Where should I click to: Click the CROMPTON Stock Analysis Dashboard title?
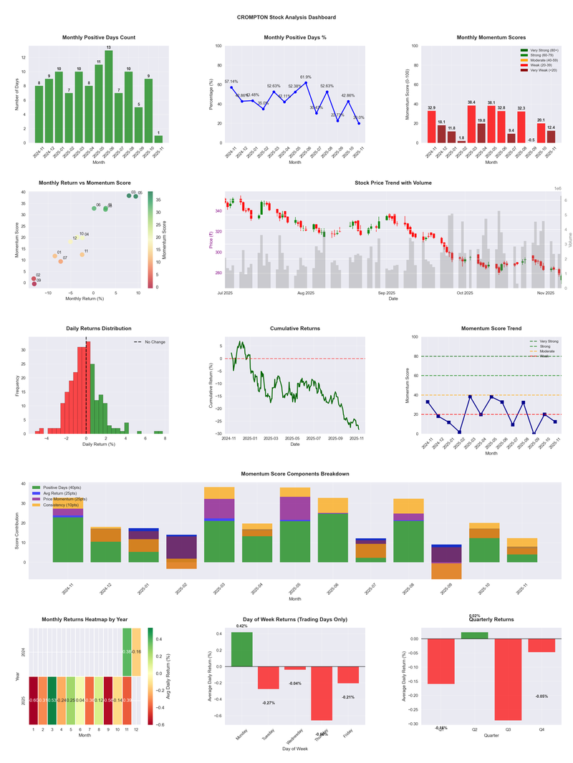[286, 17]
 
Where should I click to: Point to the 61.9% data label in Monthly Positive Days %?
[306, 77]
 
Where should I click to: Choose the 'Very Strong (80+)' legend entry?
[541, 50]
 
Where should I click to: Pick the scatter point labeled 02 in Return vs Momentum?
[34, 279]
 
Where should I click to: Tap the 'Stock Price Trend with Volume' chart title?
[393, 183]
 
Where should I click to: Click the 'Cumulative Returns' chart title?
[294, 329]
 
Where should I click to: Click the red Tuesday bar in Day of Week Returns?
[269, 677]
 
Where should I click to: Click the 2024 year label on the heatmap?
[24, 652]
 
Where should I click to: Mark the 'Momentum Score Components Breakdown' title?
[294, 474]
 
